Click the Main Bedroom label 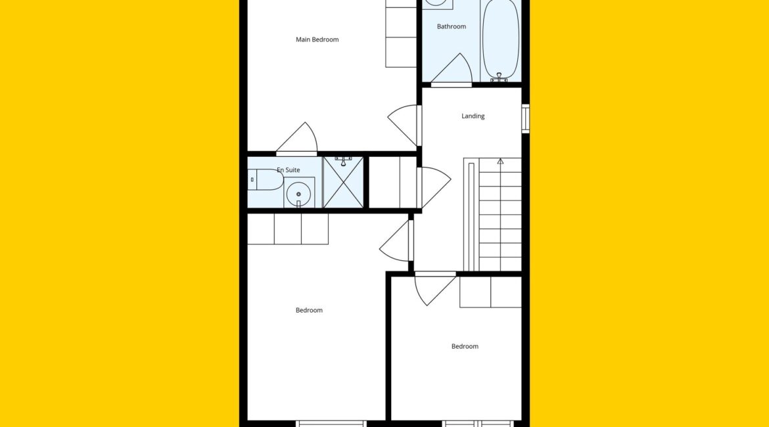pyautogui.click(x=317, y=39)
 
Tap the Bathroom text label pyautogui.click(x=451, y=26)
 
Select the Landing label pyautogui.click(x=473, y=116)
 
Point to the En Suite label pyautogui.click(x=289, y=170)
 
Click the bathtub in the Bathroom pyautogui.click(x=500, y=39)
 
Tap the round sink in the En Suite pyautogui.click(x=298, y=194)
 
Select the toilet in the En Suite pyautogui.click(x=266, y=180)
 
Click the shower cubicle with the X pyautogui.click(x=343, y=183)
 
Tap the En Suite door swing pyautogui.click(x=299, y=139)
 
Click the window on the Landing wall pyautogui.click(x=525, y=118)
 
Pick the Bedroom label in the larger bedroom pyautogui.click(x=309, y=310)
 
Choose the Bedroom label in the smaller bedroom pyautogui.click(x=465, y=347)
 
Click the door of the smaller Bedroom pyautogui.click(x=434, y=289)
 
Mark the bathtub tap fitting pyautogui.click(x=500, y=77)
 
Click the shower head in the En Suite pyautogui.click(x=343, y=159)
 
